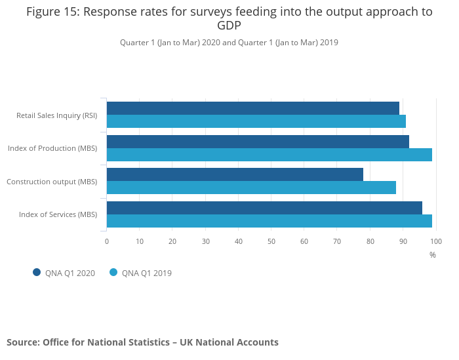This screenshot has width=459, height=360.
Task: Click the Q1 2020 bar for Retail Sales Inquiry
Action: (253, 108)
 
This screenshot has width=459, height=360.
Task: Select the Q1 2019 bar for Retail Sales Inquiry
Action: (256, 121)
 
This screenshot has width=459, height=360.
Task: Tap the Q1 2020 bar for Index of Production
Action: (258, 142)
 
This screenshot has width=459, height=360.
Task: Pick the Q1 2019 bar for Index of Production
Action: (269, 155)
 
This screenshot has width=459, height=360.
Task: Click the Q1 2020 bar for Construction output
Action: (235, 174)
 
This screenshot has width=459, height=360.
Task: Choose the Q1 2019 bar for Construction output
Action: (251, 188)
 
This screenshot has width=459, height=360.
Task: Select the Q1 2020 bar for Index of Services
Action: (264, 208)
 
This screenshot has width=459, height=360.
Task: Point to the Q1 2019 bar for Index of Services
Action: (269, 221)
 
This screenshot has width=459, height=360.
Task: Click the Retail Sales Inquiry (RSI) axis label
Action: (57, 115)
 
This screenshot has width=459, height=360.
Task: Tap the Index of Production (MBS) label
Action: (52, 148)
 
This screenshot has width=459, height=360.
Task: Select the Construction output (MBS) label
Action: (52, 182)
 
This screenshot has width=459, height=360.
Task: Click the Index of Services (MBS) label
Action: (58, 214)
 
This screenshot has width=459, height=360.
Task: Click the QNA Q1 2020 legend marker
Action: (37, 272)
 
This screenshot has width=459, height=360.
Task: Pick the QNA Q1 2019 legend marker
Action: (113, 272)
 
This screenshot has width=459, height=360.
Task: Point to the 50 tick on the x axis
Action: (271, 241)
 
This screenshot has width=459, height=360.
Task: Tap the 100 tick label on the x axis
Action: (435, 241)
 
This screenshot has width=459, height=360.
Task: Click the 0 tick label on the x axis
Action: (107, 241)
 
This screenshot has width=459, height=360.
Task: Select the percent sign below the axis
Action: (433, 254)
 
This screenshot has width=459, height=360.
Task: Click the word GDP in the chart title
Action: (229, 26)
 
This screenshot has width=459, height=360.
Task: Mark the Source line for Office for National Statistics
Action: (142, 342)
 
